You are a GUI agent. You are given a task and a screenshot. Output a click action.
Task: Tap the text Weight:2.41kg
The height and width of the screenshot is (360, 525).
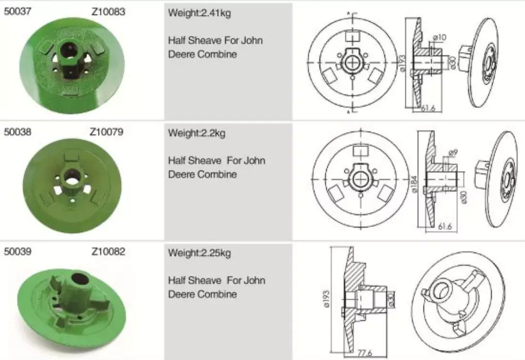pyautogui.click(x=199, y=13)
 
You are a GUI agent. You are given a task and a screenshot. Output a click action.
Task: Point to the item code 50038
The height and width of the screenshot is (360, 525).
pyautogui.click(x=18, y=132)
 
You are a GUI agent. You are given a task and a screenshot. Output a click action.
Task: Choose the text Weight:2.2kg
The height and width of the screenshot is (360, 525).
pyautogui.click(x=197, y=134)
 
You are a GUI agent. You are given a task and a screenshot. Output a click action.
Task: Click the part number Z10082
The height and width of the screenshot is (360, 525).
pyautogui.click(x=108, y=252)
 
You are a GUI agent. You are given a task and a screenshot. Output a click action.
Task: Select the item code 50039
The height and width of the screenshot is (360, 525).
pyautogui.click(x=18, y=252)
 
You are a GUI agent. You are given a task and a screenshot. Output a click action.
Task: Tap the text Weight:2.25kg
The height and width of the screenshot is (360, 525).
pyautogui.click(x=199, y=253)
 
